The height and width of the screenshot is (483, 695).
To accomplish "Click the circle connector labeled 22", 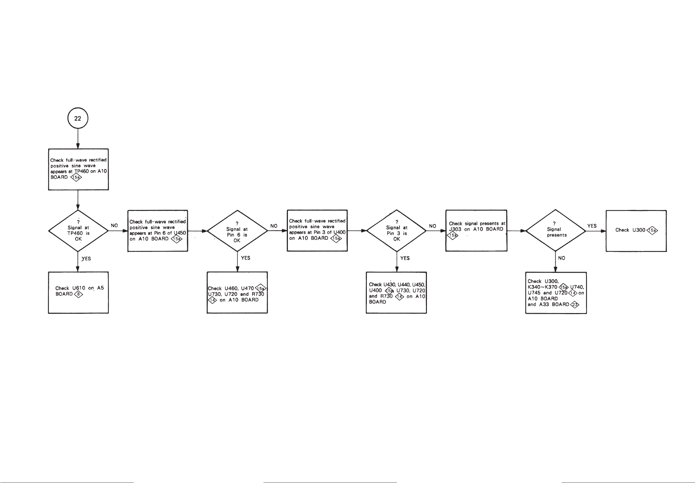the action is tap(78, 118).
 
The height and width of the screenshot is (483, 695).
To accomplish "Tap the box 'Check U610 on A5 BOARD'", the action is tap(78, 292).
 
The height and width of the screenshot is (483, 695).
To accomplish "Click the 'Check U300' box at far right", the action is tap(636, 230).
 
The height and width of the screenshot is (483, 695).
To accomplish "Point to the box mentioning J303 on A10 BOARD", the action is tap(476, 230).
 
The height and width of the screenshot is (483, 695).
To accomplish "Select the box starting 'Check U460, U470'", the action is tap(237, 292).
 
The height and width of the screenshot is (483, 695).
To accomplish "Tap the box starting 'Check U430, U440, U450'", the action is tap(396, 292).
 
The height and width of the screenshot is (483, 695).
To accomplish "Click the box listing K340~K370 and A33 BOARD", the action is tap(556, 293).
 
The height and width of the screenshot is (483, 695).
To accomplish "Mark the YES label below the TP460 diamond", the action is tap(86, 259).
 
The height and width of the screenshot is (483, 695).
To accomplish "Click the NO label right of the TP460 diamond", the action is tap(114, 225).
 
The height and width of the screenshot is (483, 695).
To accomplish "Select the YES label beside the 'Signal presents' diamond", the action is tap(592, 226).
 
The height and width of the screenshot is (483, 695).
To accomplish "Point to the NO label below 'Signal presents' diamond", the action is tap(561, 258).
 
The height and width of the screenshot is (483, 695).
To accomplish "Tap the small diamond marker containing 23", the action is tap(574, 304).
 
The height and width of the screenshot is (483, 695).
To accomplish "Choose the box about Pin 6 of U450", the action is tap(158, 230).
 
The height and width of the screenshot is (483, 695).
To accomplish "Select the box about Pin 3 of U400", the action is tap(317, 230).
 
